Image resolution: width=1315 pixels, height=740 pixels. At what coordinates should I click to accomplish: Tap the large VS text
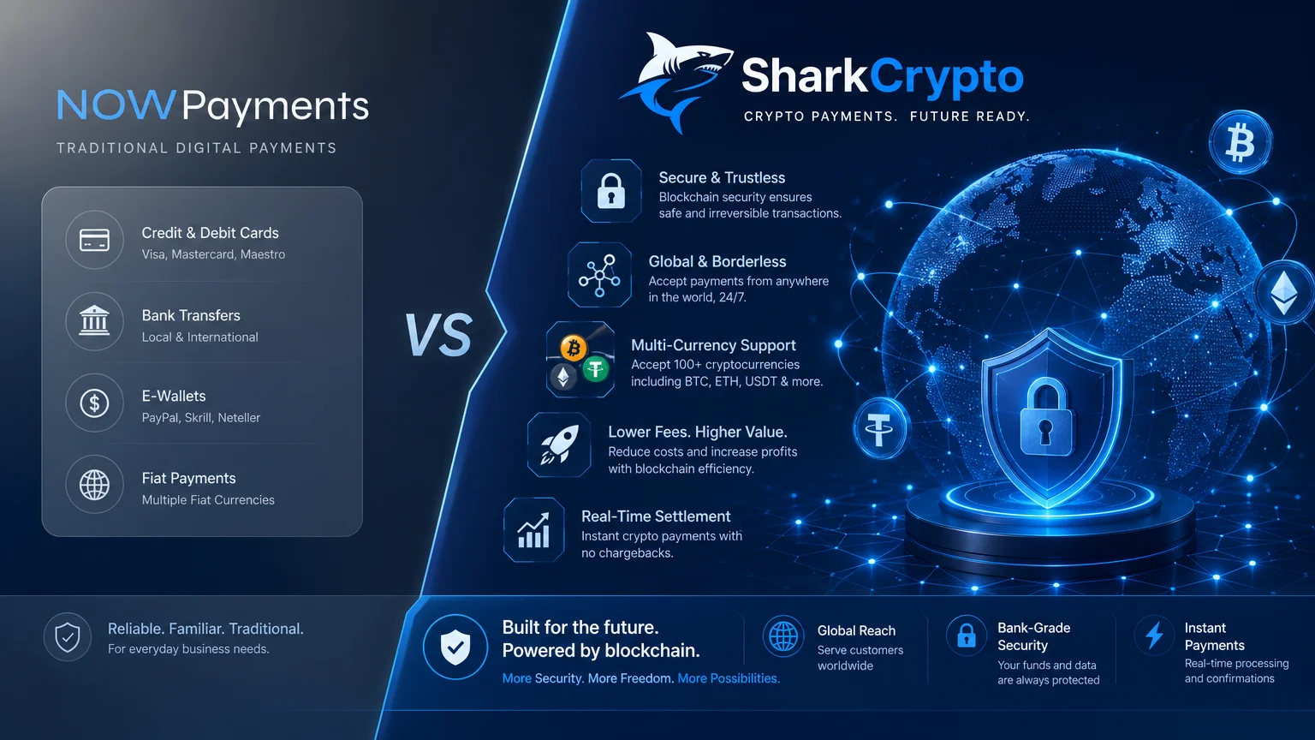[x=438, y=335]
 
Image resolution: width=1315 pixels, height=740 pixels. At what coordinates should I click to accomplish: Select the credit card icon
[x=94, y=240]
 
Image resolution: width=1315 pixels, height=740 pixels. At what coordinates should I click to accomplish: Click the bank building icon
[x=94, y=320]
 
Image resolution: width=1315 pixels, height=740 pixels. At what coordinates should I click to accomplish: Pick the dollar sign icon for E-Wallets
[x=94, y=403]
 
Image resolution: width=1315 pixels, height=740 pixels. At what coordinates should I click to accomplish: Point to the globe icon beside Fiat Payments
[x=94, y=485]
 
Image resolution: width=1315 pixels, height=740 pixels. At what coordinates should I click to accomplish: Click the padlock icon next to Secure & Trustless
[x=611, y=191]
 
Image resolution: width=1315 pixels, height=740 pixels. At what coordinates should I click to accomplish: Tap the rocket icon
[x=559, y=445]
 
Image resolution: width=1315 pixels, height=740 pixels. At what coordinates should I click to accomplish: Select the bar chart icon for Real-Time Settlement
[x=533, y=530]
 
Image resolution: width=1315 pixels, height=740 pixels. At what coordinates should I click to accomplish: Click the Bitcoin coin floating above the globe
[x=1241, y=143]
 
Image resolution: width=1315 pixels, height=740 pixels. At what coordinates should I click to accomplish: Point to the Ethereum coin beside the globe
[x=1284, y=292]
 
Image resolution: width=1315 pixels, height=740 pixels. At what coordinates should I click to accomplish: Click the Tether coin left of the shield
[x=879, y=428]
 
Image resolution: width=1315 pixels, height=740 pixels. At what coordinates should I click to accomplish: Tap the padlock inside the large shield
[x=1046, y=417]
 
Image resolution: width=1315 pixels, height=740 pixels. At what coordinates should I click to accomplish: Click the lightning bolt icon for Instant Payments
[x=1155, y=635]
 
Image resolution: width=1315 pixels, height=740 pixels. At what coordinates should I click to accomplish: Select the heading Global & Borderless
[x=717, y=261]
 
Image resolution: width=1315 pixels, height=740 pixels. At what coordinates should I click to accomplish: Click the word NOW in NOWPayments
[x=116, y=105]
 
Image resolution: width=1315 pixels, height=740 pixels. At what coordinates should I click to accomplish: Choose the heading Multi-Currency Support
[x=713, y=345]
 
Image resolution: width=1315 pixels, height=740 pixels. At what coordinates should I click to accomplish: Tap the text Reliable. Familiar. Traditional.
[x=205, y=629]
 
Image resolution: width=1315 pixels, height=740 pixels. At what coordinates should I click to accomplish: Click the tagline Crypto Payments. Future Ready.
[x=886, y=116]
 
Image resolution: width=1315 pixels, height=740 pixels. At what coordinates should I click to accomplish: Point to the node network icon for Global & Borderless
[x=599, y=275]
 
